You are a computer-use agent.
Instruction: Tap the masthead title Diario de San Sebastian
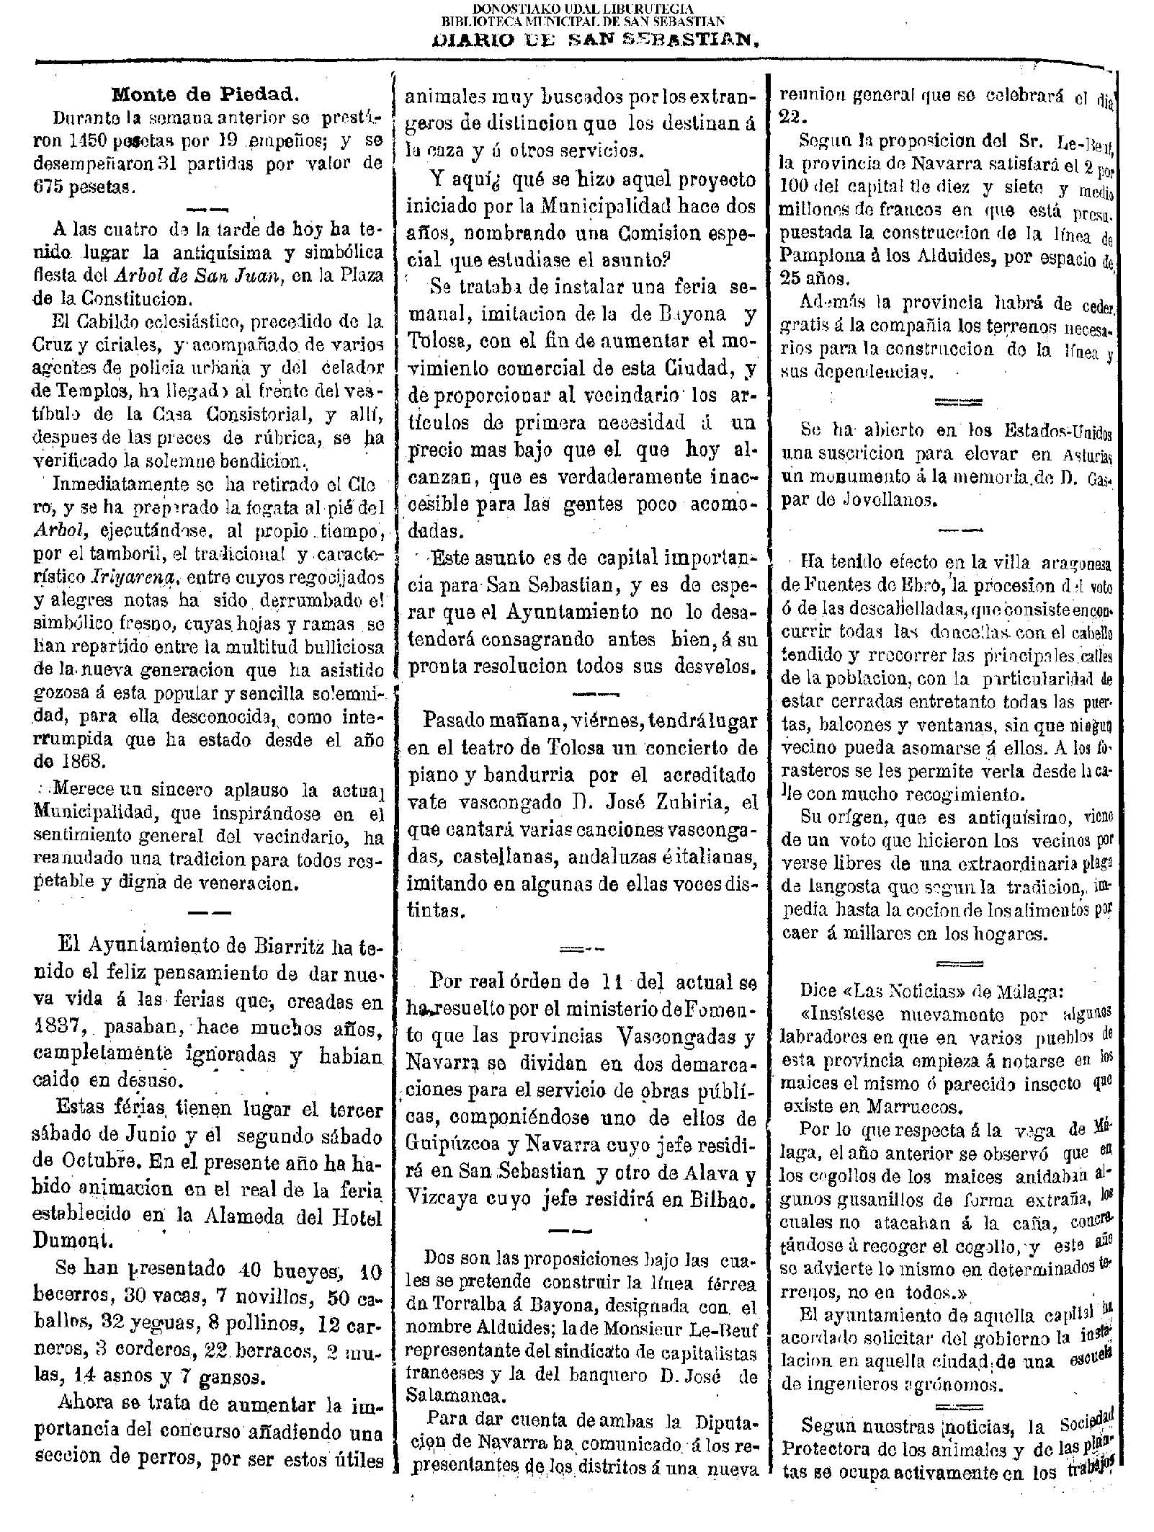[596, 40]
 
